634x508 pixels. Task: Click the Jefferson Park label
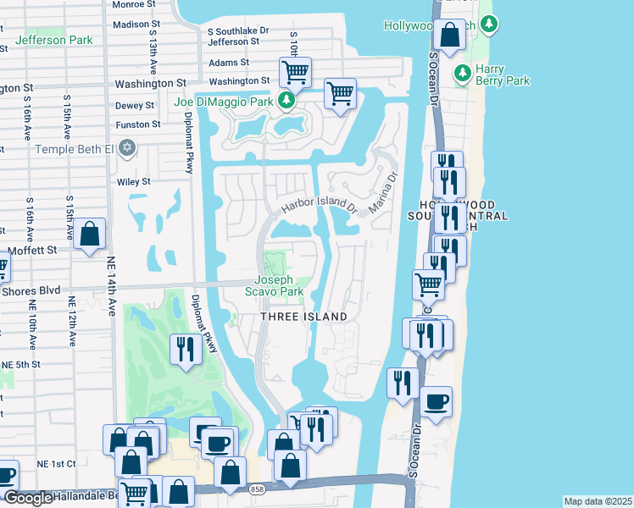click(x=53, y=40)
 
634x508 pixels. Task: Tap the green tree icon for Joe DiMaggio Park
click(x=286, y=102)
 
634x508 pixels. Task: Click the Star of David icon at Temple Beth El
click(x=127, y=149)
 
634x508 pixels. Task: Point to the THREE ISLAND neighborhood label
click(x=303, y=317)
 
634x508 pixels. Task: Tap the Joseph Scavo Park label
click(x=274, y=285)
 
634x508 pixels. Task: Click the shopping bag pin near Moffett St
click(x=89, y=234)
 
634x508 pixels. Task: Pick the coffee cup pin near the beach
click(x=436, y=401)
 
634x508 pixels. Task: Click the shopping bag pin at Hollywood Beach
click(x=451, y=35)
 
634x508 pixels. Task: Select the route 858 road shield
click(x=257, y=489)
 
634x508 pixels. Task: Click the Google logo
click(x=27, y=498)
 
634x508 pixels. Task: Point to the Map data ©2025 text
click(x=597, y=501)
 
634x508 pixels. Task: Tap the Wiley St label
click(x=133, y=181)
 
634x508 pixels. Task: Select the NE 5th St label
click(x=20, y=364)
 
